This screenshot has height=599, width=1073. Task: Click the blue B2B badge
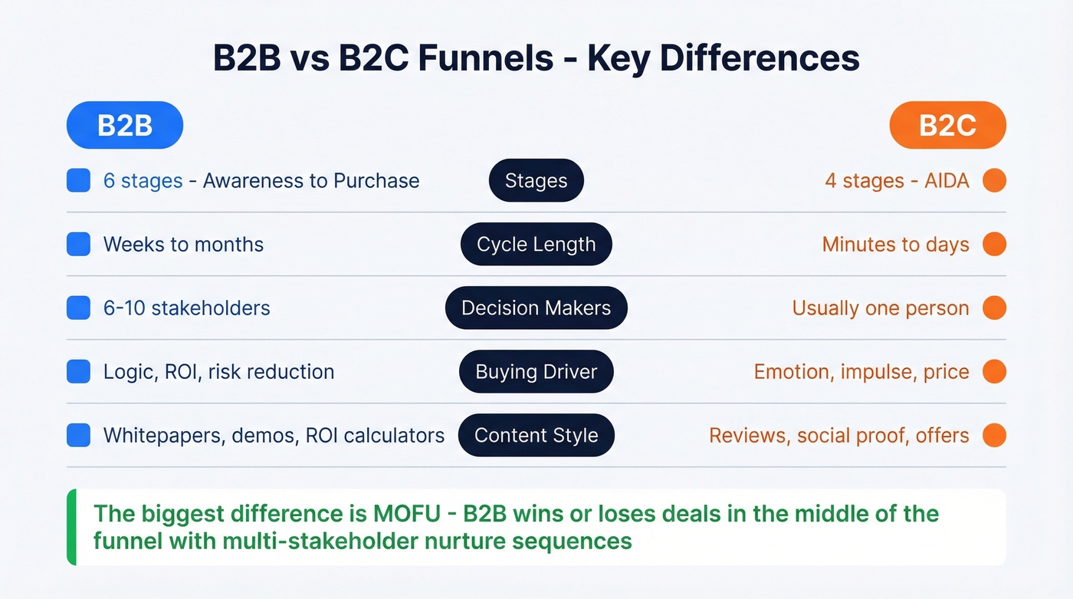pyautogui.click(x=125, y=125)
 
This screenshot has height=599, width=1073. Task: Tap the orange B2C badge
pyautogui.click(x=947, y=125)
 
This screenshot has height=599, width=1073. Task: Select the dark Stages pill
pyautogui.click(x=536, y=181)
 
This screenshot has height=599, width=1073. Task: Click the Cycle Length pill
pyautogui.click(x=536, y=245)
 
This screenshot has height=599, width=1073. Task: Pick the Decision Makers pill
pyautogui.click(x=536, y=308)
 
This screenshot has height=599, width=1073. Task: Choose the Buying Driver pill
pyautogui.click(x=536, y=372)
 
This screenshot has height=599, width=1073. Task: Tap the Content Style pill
pyautogui.click(x=536, y=436)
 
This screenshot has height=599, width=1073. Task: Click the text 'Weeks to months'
pyautogui.click(x=183, y=245)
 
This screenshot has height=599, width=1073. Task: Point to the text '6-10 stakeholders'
pyautogui.click(x=187, y=308)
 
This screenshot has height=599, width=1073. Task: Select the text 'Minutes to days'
pyautogui.click(x=895, y=245)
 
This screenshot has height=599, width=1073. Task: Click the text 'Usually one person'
pyautogui.click(x=881, y=308)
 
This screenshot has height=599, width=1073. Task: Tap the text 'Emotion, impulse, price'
pyautogui.click(x=861, y=372)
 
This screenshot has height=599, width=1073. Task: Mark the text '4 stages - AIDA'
pyautogui.click(x=897, y=181)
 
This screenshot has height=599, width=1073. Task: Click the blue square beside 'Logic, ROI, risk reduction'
pyautogui.click(x=78, y=372)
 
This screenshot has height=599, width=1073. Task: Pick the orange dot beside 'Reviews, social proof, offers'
pyautogui.click(x=994, y=436)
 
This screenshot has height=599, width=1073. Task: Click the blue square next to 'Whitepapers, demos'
pyautogui.click(x=78, y=436)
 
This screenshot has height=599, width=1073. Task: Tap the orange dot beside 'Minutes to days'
pyautogui.click(x=994, y=245)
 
